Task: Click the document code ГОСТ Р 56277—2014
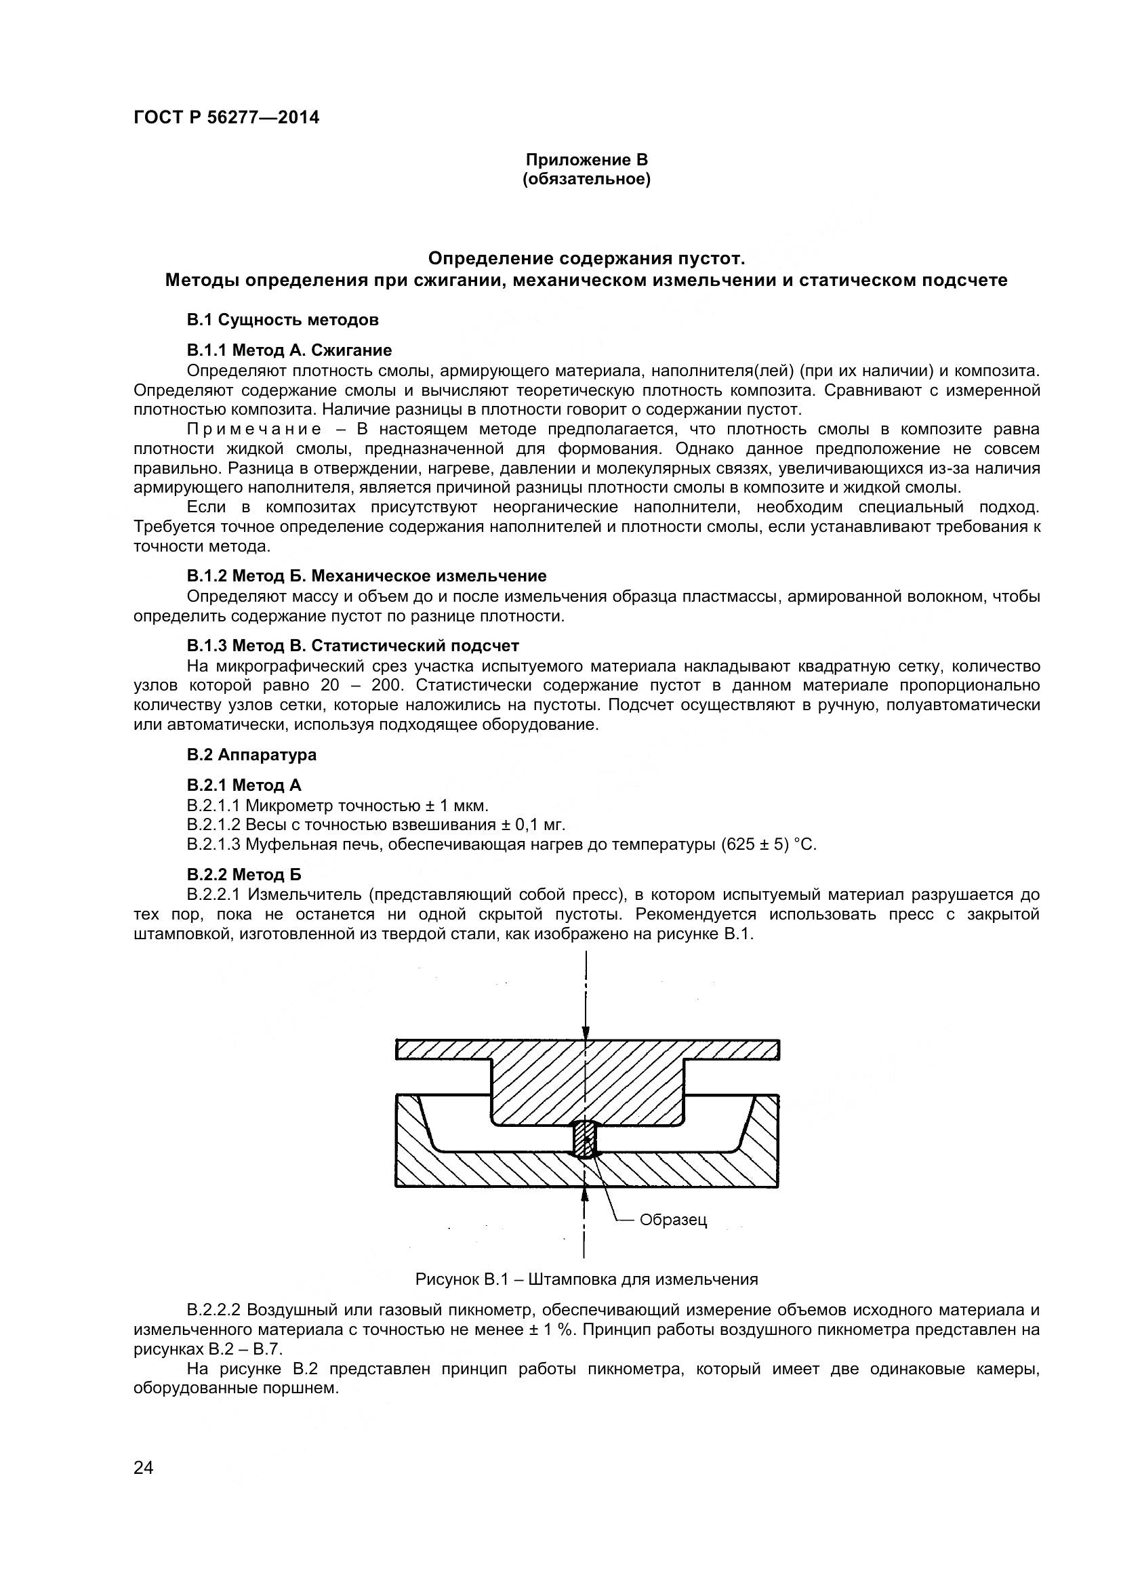[226, 117]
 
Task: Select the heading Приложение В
[587, 160]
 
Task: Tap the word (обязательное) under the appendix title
[587, 180]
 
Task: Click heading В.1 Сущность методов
[283, 321]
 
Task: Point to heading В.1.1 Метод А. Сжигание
[289, 350]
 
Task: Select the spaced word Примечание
[254, 430]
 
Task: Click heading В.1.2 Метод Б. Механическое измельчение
[367, 576]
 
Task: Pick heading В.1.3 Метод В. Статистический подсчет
[352, 646]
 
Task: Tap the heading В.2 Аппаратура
[251, 754]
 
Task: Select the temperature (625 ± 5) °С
[768, 844]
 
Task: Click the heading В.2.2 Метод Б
[244, 875]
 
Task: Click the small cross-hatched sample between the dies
[585, 1139]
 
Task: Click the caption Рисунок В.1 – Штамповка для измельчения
[586, 1279]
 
